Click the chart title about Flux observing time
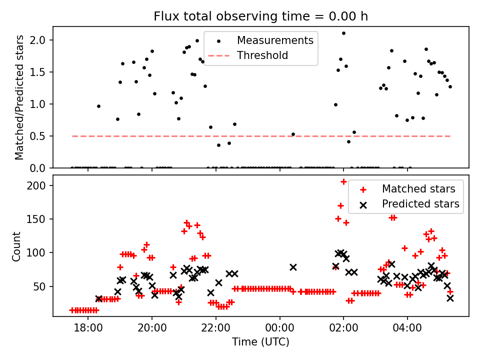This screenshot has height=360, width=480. [260, 16]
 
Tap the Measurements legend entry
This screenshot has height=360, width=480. [275, 40]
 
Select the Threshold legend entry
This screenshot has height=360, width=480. [262, 55]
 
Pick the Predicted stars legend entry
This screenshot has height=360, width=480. [420, 204]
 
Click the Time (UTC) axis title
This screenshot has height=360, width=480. [260, 342]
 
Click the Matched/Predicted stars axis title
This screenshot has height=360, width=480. [19, 97]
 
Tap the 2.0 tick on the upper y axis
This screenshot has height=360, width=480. [41, 40]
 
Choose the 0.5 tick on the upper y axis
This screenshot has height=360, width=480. [41, 136]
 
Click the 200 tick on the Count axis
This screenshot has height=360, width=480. [39, 185]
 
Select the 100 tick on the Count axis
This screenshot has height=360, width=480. [39, 253]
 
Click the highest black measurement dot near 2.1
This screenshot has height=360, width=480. [343, 33]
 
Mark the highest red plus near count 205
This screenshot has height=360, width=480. [343, 181]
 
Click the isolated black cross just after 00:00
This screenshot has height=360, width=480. [293, 267]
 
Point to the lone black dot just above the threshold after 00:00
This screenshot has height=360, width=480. [293, 134]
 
